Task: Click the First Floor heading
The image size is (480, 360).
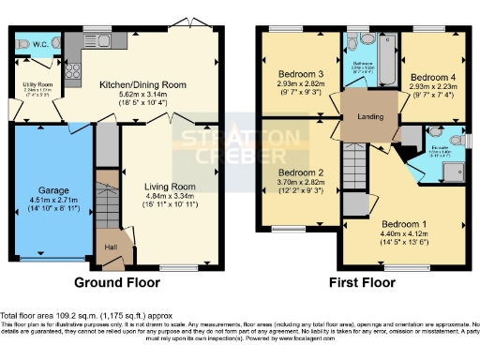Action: [x=361, y=281]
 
